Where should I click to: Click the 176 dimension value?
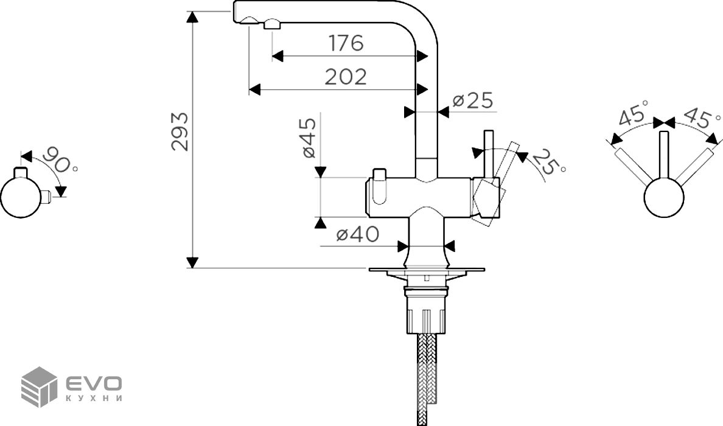click(x=346, y=43)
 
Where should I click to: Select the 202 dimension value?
click(x=346, y=77)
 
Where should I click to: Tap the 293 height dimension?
click(x=179, y=131)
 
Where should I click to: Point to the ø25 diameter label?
click(x=472, y=100)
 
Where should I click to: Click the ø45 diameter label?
click(x=308, y=138)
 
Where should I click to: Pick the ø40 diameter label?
click(x=357, y=234)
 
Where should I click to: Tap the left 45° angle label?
click(x=634, y=116)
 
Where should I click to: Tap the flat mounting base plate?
click(x=427, y=269)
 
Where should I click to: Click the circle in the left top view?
click(x=20, y=197)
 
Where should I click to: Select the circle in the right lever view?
click(x=664, y=197)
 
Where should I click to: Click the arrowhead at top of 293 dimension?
click(x=192, y=17)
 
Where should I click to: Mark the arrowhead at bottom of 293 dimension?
click(x=192, y=262)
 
